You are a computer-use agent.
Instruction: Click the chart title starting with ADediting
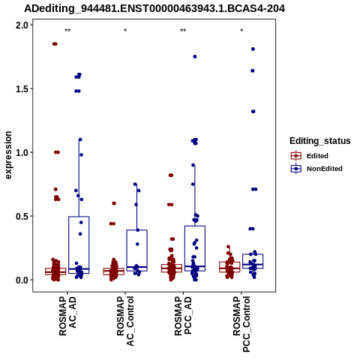[x=154, y=8]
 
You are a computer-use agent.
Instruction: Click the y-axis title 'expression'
[x=8, y=155]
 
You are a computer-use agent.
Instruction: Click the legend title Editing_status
[x=320, y=141]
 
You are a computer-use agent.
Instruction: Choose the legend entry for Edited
[x=309, y=156]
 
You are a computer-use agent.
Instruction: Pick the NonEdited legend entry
[x=316, y=169]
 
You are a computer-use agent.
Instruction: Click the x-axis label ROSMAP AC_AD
[x=67, y=316]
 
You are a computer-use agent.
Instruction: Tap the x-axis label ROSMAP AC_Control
[x=125, y=321]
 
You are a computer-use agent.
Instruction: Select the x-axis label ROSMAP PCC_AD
[x=183, y=316]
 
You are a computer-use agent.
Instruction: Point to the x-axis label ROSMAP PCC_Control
[x=241, y=324]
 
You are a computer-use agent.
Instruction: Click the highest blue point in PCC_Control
[x=253, y=49]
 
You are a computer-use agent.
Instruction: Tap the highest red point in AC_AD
[x=55, y=44]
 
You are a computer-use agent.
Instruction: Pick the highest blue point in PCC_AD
[x=195, y=57]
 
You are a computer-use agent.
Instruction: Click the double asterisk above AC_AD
[x=67, y=31]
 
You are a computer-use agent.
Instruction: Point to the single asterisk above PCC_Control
[x=241, y=31]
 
